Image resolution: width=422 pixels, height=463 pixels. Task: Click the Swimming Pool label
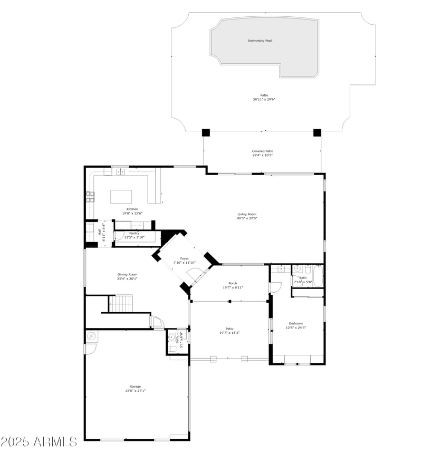click(x=260, y=41)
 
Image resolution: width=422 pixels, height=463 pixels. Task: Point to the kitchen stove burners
click(x=90, y=197)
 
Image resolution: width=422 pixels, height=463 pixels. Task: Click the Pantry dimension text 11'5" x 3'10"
click(x=135, y=237)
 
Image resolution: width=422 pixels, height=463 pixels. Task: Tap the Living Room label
click(x=247, y=214)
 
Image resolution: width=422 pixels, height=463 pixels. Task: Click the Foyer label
click(x=185, y=258)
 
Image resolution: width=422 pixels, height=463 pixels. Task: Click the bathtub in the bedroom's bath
click(x=318, y=275)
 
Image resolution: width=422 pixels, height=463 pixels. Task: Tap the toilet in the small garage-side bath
click(x=172, y=349)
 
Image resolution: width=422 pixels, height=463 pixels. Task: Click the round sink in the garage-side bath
click(x=171, y=337)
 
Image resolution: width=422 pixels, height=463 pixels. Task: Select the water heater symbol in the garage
click(x=91, y=336)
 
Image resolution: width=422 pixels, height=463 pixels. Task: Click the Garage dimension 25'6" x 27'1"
click(x=136, y=391)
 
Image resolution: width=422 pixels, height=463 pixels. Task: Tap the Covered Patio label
click(x=263, y=151)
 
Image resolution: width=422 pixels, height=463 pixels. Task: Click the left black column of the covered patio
click(x=206, y=133)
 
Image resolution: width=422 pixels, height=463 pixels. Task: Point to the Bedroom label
click(x=296, y=323)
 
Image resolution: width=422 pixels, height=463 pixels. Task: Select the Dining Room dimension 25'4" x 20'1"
click(x=127, y=278)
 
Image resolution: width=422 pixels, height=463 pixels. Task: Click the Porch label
click(x=233, y=283)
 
